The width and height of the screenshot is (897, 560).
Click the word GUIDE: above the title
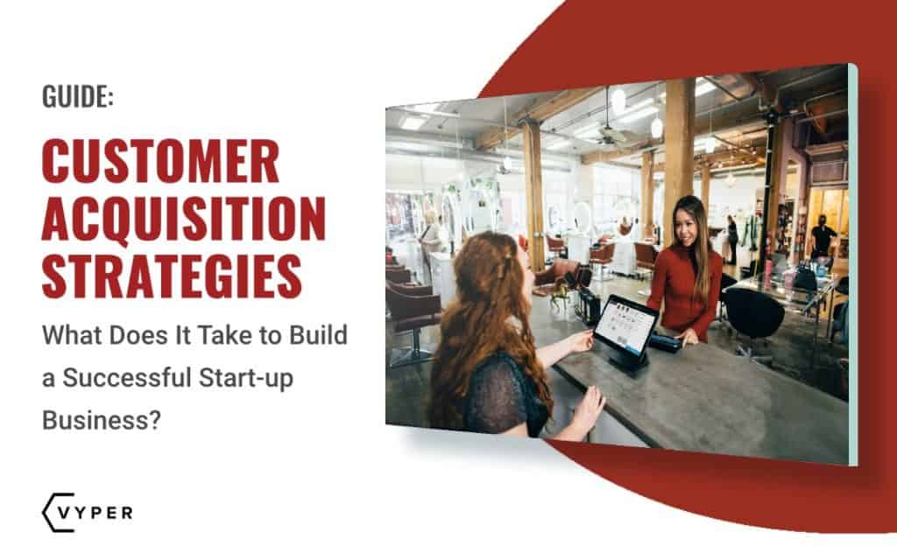coord(78,97)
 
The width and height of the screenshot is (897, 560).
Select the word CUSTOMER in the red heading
coord(160,162)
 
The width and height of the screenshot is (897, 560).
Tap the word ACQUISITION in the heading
coord(184,219)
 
